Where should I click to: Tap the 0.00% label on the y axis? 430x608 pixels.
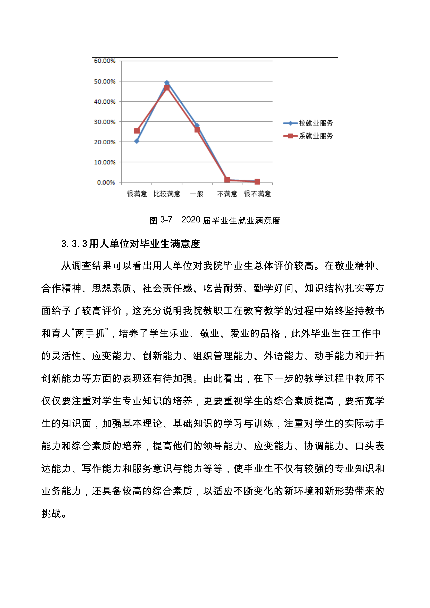click(106, 182)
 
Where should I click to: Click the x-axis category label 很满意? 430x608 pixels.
click(137, 194)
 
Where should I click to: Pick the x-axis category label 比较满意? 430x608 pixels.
click(167, 194)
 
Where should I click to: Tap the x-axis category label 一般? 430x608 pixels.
click(197, 194)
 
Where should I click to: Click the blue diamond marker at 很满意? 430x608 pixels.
click(137, 141)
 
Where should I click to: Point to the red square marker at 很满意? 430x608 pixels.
click(137, 131)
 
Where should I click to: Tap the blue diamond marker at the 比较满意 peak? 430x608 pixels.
click(167, 83)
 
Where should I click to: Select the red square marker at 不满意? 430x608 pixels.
click(227, 180)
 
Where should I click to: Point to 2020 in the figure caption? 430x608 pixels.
click(191, 220)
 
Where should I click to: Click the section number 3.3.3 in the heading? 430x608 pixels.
click(74, 244)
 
